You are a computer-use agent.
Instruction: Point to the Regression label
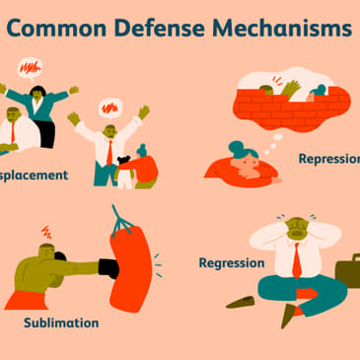click(232, 263)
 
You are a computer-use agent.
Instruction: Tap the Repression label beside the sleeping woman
click(328, 158)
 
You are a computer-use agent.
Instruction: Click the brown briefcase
click(347, 270)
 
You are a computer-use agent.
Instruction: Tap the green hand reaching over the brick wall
click(292, 88)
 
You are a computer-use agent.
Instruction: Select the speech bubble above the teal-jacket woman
click(32, 70)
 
